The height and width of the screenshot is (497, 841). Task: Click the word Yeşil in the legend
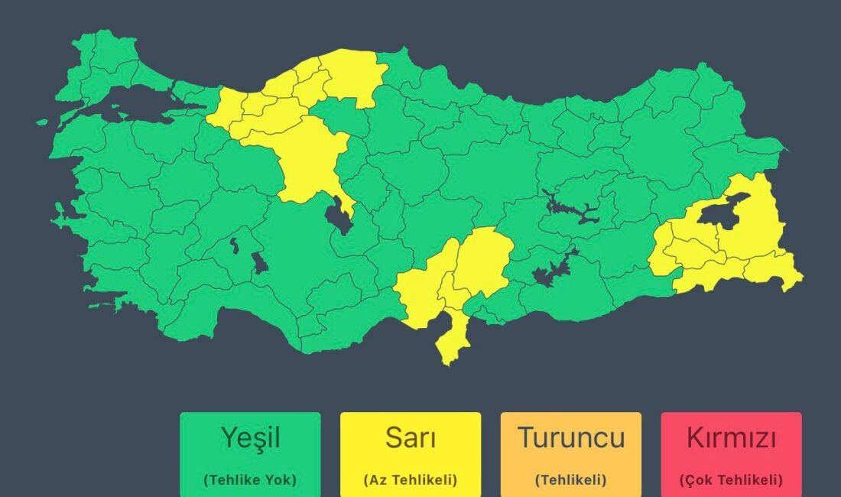pyautogui.click(x=250, y=438)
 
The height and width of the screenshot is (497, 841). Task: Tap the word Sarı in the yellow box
pyautogui.click(x=411, y=438)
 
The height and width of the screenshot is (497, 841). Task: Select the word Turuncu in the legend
pyautogui.click(x=570, y=438)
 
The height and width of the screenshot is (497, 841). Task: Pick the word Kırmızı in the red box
pyautogui.click(x=731, y=438)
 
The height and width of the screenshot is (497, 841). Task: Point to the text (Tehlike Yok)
pyautogui.click(x=250, y=480)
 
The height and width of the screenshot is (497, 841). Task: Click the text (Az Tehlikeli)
pyautogui.click(x=411, y=480)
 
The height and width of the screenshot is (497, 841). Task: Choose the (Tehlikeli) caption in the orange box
pyautogui.click(x=570, y=480)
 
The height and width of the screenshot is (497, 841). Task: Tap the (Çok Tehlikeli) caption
pyautogui.click(x=731, y=480)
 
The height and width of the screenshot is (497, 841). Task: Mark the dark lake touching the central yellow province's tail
pyautogui.click(x=336, y=218)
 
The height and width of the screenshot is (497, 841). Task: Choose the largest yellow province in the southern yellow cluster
pyautogui.click(x=482, y=260)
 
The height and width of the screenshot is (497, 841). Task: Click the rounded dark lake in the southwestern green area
pyautogui.click(x=260, y=264)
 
